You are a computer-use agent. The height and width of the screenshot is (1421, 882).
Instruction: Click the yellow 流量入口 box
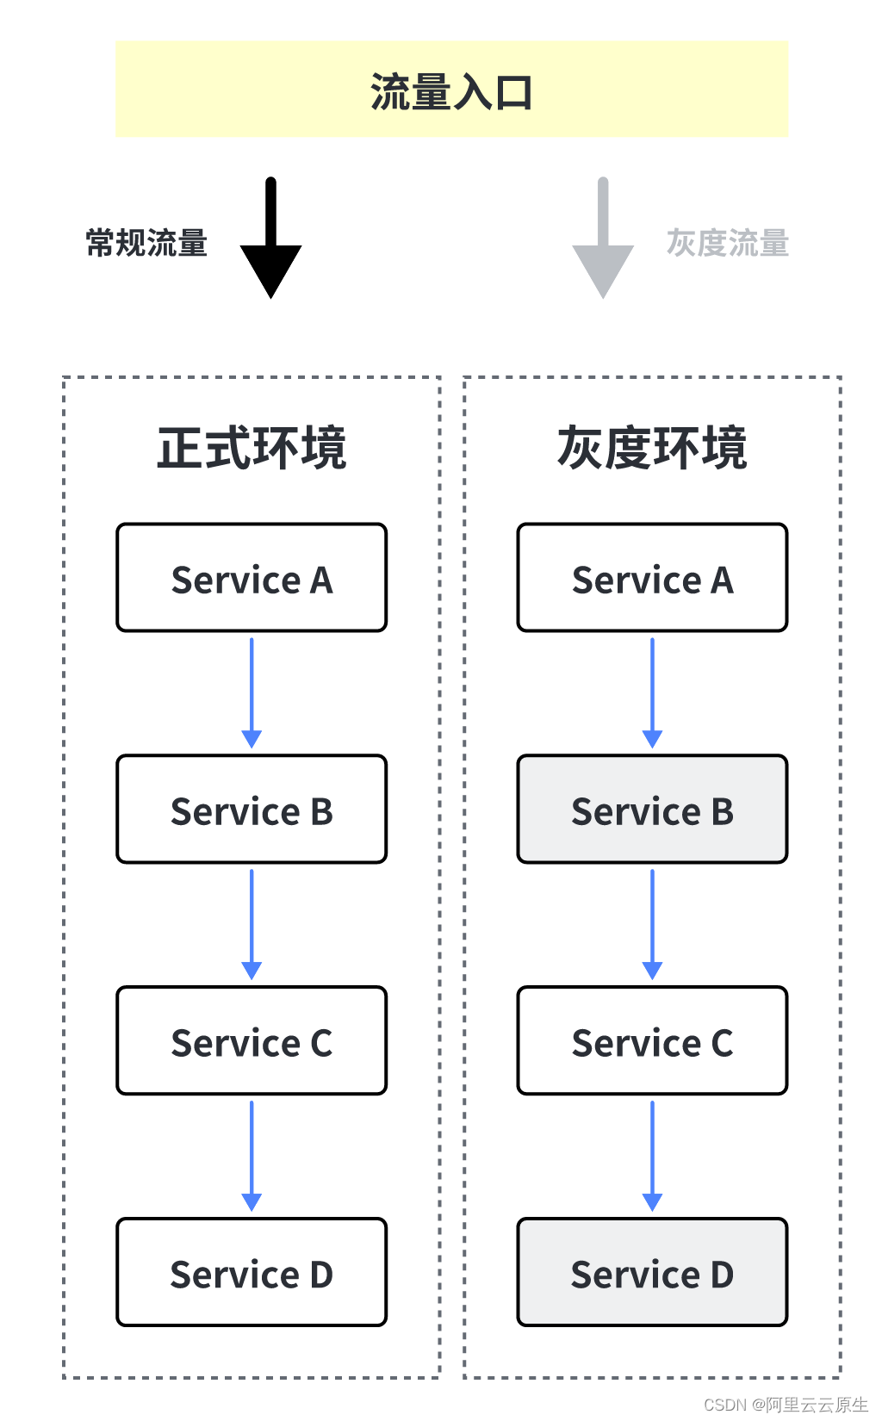coord(451,90)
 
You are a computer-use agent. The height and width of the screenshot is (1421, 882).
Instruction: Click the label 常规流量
coord(146,244)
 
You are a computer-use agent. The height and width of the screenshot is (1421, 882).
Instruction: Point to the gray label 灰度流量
coord(727,244)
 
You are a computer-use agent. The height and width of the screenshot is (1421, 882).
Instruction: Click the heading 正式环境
coord(252,448)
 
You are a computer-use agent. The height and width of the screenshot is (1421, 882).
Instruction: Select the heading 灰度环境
coord(652,448)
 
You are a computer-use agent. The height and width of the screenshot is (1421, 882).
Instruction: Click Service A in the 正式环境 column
coord(252,578)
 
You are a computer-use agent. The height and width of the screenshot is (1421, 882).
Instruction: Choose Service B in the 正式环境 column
coord(252,810)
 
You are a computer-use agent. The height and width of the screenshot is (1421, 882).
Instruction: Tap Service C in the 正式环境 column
coord(252,1041)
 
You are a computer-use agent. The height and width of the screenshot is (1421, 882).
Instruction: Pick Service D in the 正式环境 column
coord(252,1273)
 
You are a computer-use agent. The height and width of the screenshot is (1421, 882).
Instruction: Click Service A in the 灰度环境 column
coord(652,578)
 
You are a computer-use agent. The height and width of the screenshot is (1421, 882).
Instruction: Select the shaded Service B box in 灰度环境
coord(652,810)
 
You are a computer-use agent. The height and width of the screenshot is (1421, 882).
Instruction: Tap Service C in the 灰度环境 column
coord(652,1041)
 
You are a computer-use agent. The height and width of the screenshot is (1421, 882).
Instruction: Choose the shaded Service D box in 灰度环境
coord(652,1273)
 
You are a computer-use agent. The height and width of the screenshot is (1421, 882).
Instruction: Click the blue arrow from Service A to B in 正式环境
coord(252,693)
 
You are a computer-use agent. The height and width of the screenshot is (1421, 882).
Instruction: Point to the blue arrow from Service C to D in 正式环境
coord(252,1156)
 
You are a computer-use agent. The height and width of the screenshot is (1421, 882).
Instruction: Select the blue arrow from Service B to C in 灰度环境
coord(652,924)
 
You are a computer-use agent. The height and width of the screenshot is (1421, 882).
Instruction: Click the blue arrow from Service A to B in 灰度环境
coord(652,693)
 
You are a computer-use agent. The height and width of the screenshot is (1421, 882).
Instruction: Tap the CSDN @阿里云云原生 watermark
coord(786,1405)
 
